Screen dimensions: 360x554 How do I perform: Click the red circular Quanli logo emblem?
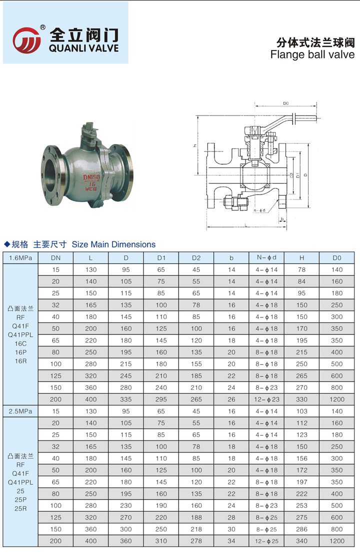coord(27,40)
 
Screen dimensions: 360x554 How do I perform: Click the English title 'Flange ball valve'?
coord(312,55)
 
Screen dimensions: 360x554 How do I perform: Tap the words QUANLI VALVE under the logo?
coord(83,48)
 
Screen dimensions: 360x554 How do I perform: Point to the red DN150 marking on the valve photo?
coord(91,177)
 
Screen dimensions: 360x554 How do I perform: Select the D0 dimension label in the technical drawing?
coord(286,103)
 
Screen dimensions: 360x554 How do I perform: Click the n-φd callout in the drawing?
coord(259,210)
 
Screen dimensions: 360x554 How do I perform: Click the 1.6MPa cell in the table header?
coord(20,258)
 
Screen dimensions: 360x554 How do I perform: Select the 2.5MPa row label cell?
coord(20,411)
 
